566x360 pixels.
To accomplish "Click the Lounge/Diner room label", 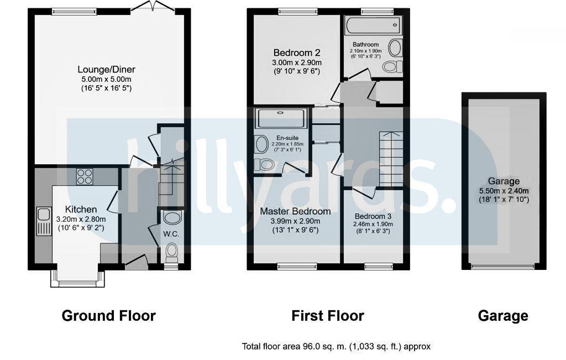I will pyautogui.click(x=106, y=70).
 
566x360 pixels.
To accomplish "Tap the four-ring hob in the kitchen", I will pyautogui.click(x=85, y=176).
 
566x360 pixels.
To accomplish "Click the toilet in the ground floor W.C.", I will pyautogui.click(x=171, y=252).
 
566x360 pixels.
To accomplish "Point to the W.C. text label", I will pyautogui.click(x=171, y=233).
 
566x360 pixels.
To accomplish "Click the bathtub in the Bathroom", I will pyautogui.click(x=373, y=24).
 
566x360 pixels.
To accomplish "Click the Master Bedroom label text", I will pyautogui.click(x=295, y=211).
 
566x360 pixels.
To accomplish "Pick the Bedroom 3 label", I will pyautogui.click(x=373, y=216).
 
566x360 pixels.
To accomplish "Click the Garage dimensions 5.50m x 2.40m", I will pyautogui.click(x=504, y=191).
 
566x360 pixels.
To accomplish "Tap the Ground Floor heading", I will pyautogui.click(x=108, y=316).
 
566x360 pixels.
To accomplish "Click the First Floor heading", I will pyautogui.click(x=328, y=316).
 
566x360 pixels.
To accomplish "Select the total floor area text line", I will pyautogui.click(x=336, y=347).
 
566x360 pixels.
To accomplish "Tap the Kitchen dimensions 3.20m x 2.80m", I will pyautogui.click(x=81, y=219).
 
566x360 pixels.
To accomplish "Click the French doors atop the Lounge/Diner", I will pyautogui.click(x=153, y=7).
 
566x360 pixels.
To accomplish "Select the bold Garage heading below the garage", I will pyautogui.click(x=502, y=316).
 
